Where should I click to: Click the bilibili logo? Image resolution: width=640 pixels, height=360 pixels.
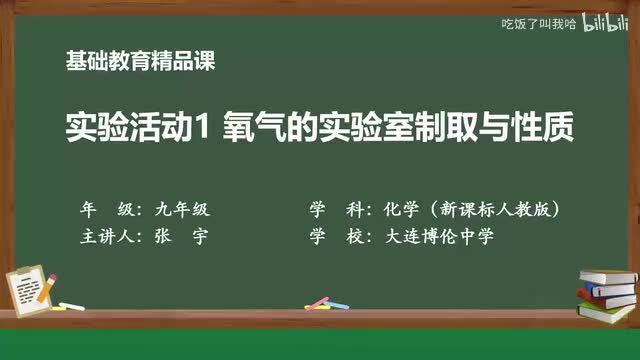602,22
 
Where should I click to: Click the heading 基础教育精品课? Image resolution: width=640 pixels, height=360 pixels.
140,60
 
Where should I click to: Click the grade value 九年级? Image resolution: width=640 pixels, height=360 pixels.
182,211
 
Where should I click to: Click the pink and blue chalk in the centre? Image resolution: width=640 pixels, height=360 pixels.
317,302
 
